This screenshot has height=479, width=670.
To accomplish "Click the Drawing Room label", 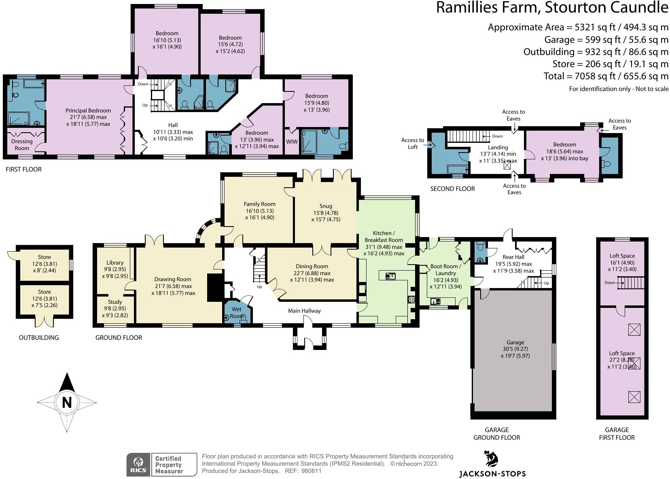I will pos(172,279).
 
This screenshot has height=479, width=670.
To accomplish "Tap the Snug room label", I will pos(325,206).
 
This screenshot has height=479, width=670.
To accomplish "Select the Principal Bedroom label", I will pos(88,110).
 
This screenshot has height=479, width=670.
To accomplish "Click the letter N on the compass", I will pos(67,402).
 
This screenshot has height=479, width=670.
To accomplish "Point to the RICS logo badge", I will pos(138,464).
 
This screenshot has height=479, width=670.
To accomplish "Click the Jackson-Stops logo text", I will pos(492,473).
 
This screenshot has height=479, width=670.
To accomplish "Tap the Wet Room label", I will pos(237,313).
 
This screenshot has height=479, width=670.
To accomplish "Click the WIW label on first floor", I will pos(292,142).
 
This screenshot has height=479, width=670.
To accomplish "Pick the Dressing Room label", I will pos(22,144).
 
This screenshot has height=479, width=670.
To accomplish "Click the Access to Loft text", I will pos(412,144).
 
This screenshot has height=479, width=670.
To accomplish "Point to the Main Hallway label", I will pos(304,311).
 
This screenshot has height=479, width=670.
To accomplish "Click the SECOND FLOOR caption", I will pos(452,189).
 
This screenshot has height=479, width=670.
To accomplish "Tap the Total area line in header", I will pos(606,76).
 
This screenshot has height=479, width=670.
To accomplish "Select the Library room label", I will pos(115,263).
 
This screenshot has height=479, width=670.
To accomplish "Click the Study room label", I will pos(115,302).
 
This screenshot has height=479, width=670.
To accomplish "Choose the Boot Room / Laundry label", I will pos(445,270).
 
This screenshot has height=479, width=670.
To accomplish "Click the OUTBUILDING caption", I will pos(39,337).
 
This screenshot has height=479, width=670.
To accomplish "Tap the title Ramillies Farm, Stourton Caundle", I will pos(552,8).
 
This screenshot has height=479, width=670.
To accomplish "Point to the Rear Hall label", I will pos(513,257).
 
